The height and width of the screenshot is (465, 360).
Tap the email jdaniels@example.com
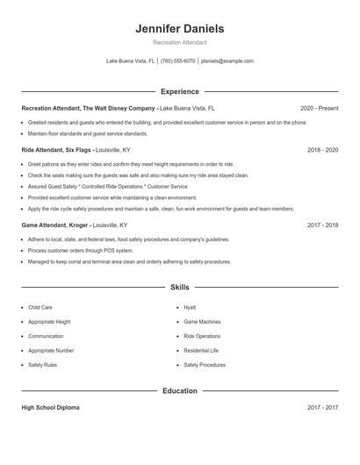click(227, 61)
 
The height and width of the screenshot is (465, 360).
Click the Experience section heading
click(179, 91)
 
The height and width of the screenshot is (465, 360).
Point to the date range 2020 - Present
click(319, 108)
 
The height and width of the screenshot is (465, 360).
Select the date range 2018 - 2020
click(322, 150)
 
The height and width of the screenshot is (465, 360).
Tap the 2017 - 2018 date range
click(322, 225)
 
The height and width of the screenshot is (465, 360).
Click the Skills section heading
click(179, 287)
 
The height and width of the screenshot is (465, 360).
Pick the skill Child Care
click(40, 308)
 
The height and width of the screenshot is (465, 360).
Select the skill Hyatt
click(190, 308)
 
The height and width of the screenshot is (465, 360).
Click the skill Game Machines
click(202, 322)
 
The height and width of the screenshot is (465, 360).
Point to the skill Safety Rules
click(43, 364)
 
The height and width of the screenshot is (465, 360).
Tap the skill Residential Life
click(201, 350)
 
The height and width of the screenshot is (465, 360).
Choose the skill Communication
click(46, 336)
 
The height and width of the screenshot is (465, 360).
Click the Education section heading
click(179, 390)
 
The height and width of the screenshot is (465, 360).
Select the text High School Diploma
click(51, 408)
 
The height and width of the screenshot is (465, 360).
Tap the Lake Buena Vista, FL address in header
click(130, 61)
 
